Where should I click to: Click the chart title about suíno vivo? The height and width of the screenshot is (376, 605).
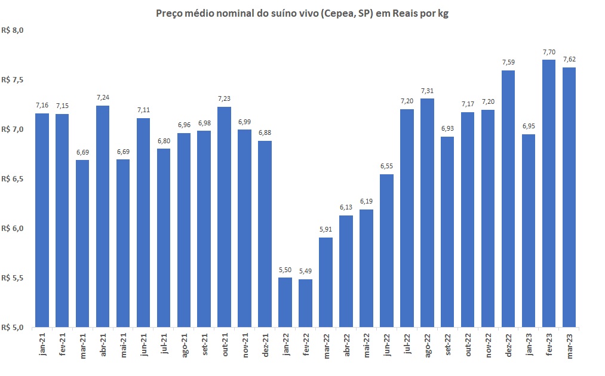click(302, 13)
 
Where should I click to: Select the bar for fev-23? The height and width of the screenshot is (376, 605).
click(549, 193)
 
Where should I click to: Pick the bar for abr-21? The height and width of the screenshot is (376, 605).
click(103, 216)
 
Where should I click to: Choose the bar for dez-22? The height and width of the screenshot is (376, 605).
click(508, 199)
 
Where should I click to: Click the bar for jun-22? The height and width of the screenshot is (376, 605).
click(386, 251)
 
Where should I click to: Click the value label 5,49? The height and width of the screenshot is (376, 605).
click(305, 272)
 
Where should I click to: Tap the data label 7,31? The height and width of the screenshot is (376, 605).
click(427, 91)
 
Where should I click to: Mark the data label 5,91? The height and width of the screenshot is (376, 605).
click(325, 230)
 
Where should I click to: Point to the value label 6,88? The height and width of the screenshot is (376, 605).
click(265, 133)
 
